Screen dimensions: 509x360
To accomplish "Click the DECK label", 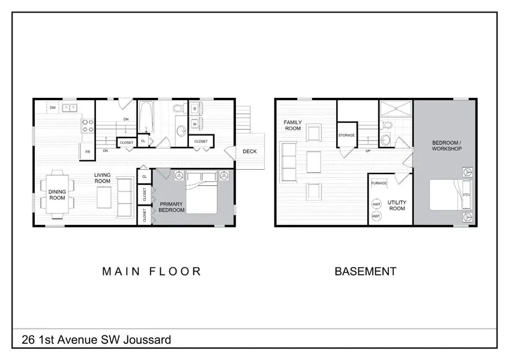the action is pos(250,151).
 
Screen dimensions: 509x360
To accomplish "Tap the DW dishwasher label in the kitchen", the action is pos(53,107).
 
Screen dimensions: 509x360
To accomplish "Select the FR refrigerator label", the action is pos(88,152).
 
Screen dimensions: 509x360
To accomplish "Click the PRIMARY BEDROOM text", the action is pos(171,207).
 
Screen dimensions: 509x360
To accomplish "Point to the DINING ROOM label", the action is pos(57,195).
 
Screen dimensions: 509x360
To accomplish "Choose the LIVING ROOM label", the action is pos(102,178).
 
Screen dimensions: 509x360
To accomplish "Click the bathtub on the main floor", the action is pos(146,117).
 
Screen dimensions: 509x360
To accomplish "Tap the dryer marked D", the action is pos(195,109).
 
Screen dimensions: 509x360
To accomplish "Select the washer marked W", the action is pos(195,124).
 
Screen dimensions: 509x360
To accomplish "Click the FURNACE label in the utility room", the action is pos(379,183).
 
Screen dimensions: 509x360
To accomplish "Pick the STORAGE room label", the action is pos(346,135).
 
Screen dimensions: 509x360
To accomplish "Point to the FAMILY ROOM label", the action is pos(293,125).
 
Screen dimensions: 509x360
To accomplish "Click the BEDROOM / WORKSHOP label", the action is pos(447,145).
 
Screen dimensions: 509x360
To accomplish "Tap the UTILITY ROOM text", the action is pos(397,205).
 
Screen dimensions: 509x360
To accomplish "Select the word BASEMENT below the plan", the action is pos(366,271).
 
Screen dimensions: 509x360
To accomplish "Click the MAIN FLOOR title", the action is pos(152,271).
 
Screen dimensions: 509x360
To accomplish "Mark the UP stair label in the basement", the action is pos(368,151).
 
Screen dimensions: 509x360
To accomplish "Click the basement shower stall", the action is pos(396,109).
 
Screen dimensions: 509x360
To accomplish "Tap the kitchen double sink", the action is pos(70,107).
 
